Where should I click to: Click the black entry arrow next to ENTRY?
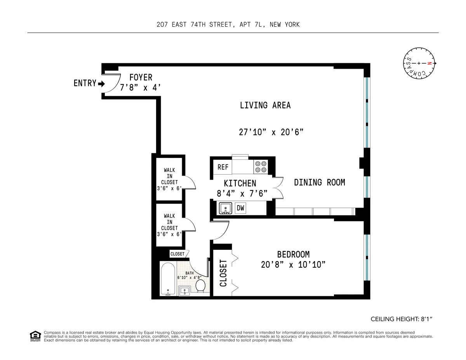(x=102, y=84)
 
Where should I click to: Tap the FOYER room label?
(x=141, y=78)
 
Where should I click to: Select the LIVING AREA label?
(x=265, y=105)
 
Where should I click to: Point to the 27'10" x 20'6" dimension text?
(x=271, y=132)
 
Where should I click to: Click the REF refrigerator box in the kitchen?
(x=223, y=167)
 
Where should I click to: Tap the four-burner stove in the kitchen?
(x=260, y=167)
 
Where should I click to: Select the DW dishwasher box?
(x=240, y=208)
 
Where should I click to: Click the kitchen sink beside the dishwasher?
(x=226, y=209)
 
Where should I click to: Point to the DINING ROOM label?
(x=319, y=182)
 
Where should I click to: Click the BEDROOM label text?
(x=293, y=255)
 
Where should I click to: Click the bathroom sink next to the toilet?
(x=184, y=290)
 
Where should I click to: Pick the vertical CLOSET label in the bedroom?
(x=223, y=273)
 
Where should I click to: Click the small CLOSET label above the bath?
(x=177, y=254)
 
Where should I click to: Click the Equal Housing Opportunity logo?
(x=35, y=336)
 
